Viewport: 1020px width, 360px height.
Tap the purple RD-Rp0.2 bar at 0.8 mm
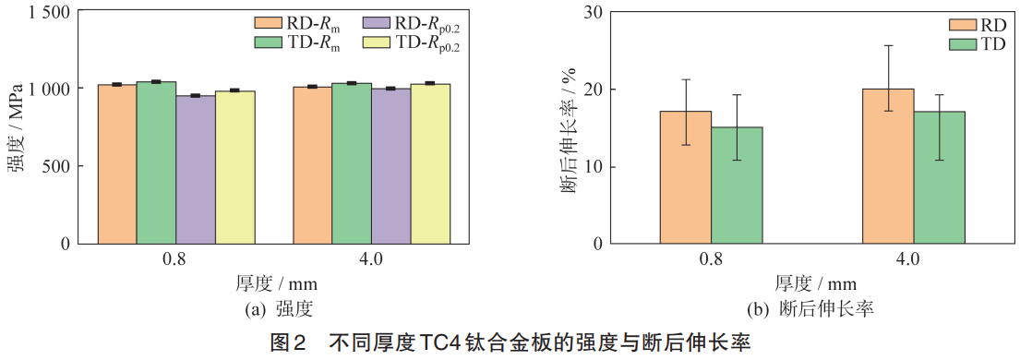(x=196, y=170)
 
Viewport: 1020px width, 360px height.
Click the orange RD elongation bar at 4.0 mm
(x=888, y=167)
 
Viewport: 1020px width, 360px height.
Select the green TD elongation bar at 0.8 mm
(x=736, y=186)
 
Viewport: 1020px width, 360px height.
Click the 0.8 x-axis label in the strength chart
(x=176, y=259)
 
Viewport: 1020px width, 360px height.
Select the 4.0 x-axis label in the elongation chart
(x=907, y=259)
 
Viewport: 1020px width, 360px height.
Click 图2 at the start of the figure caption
(x=286, y=343)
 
